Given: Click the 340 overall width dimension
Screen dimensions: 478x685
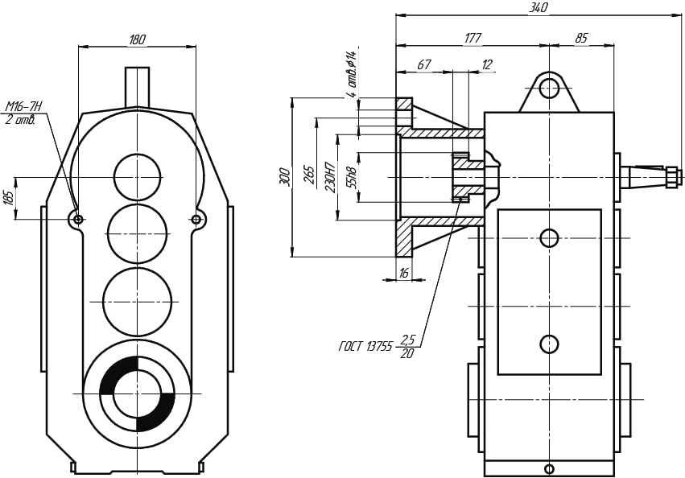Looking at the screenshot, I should [x=539, y=8].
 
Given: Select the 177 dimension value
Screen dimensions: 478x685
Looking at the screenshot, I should [x=472, y=38].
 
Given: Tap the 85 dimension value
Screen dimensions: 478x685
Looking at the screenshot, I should [x=582, y=38].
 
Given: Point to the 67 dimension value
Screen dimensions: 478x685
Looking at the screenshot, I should [x=424, y=64].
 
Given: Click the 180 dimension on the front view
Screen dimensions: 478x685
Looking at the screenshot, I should [x=137, y=39].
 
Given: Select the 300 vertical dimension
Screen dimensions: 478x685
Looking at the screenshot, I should [x=284, y=177].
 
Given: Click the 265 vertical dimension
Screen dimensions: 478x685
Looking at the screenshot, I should [x=309, y=175].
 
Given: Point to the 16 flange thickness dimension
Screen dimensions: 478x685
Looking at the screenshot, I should [x=404, y=274].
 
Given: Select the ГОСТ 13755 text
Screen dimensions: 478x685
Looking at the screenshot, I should [x=365, y=347].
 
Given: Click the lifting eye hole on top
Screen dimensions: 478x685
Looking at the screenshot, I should [x=549, y=86].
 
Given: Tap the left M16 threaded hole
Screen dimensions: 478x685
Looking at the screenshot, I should [x=78, y=219].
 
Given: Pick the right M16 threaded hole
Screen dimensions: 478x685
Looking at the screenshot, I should [x=196, y=219].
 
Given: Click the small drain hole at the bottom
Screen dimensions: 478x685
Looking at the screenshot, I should [x=549, y=468].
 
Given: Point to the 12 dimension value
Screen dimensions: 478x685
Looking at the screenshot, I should [x=486, y=64].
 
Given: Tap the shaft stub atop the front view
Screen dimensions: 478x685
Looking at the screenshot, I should [x=137, y=86].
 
